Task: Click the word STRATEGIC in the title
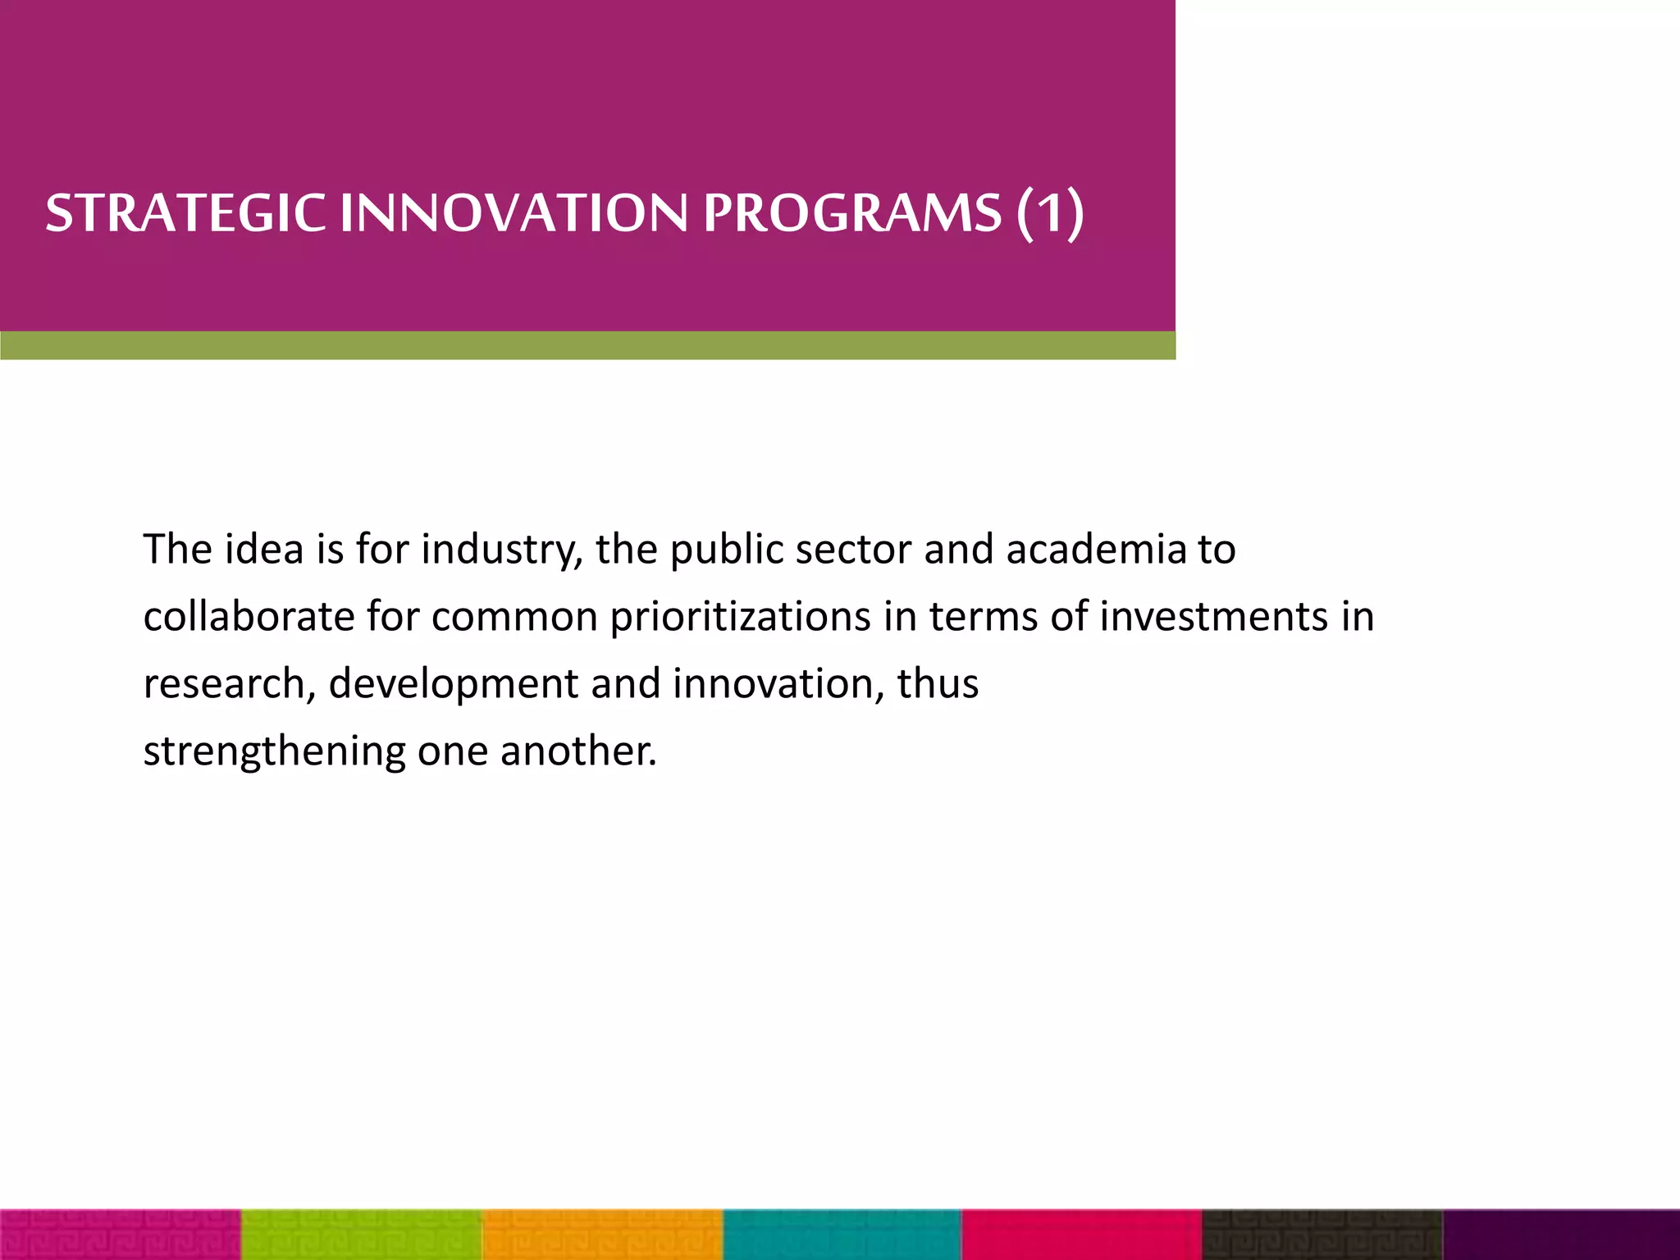pyautogui.click(x=185, y=213)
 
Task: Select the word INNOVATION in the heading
pyautogui.click(x=514, y=213)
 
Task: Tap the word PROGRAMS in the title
pyautogui.click(x=852, y=213)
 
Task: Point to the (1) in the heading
pyautogui.click(x=1051, y=213)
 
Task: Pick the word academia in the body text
pyautogui.click(x=1096, y=550)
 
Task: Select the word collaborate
pyautogui.click(x=248, y=617)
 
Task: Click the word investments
pyautogui.click(x=1213, y=617)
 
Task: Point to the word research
pyautogui.click(x=224, y=684)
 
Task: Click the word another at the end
pyautogui.click(x=578, y=751)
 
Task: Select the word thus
pyautogui.click(x=938, y=684)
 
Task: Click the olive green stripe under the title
pyautogui.click(x=587, y=345)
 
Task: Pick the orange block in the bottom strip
pyautogui.click(x=602, y=1235)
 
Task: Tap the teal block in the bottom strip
pyautogui.click(x=842, y=1235)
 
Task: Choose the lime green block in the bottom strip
pyautogui.click(x=362, y=1235)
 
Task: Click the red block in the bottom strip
pyautogui.click(x=1081, y=1235)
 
